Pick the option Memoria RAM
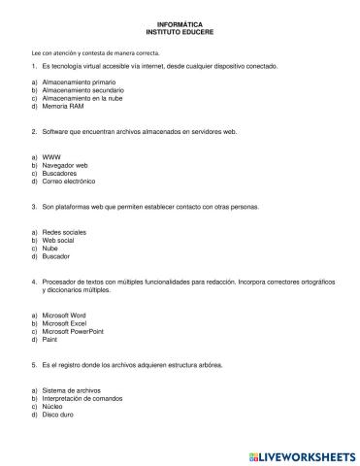[x=64, y=106]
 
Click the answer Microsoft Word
[x=67, y=316]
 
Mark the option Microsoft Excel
[x=67, y=323]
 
